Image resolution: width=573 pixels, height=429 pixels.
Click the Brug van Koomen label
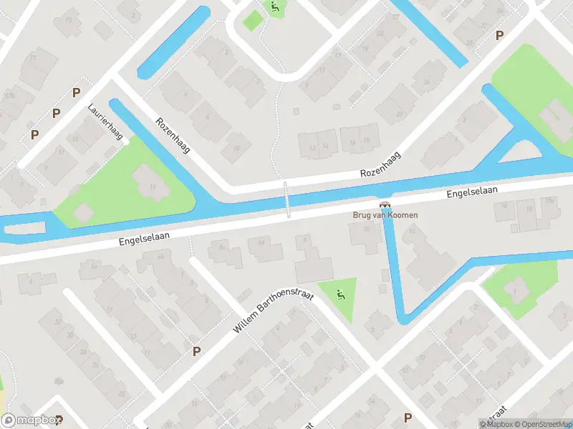tap(385, 214)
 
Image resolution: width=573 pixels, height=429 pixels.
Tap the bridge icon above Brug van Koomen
tap(385, 204)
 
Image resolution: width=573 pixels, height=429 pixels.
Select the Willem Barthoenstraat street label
tap(274, 315)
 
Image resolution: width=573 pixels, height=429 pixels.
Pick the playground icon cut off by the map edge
tap(275, 6)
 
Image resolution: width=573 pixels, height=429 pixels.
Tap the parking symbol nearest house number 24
tap(499, 35)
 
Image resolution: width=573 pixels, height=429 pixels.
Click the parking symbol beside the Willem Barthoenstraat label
tap(196, 350)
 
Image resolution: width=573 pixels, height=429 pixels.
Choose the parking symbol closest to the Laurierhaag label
tap(76, 92)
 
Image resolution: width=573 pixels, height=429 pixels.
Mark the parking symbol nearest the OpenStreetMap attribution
tap(408, 418)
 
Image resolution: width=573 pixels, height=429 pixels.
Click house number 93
tap(69, 19)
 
